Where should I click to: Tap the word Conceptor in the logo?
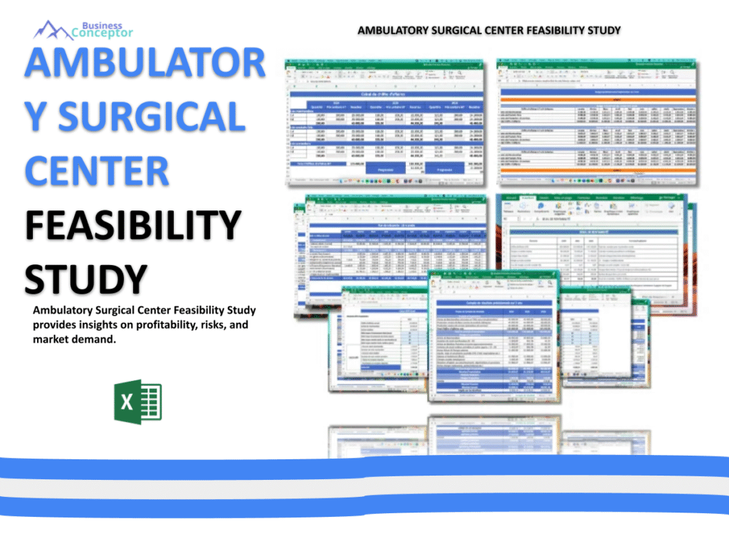[x=102, y=33]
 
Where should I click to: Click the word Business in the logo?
[x=102, y=25]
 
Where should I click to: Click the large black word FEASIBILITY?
[x=132, y=225]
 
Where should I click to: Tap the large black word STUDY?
[x=86, y=279]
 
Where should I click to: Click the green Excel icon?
[x=137, y=403]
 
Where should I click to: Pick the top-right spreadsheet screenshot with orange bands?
[x=598, y=121]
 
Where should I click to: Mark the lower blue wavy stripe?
[x=364, y=507]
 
